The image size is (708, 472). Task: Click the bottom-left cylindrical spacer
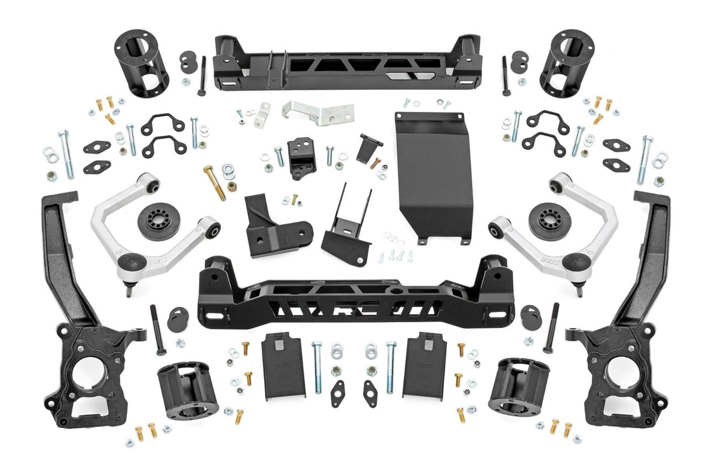(x=187, y=389)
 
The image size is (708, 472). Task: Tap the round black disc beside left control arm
(x=159, y=221)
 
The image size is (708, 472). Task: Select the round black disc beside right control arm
(x=549, y=221)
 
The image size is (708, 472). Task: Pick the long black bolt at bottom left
(x=157, y=330)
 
